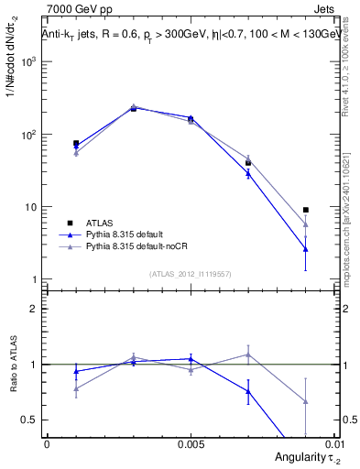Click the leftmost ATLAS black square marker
[76, 144]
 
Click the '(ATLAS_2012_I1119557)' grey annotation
[189, 273]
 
